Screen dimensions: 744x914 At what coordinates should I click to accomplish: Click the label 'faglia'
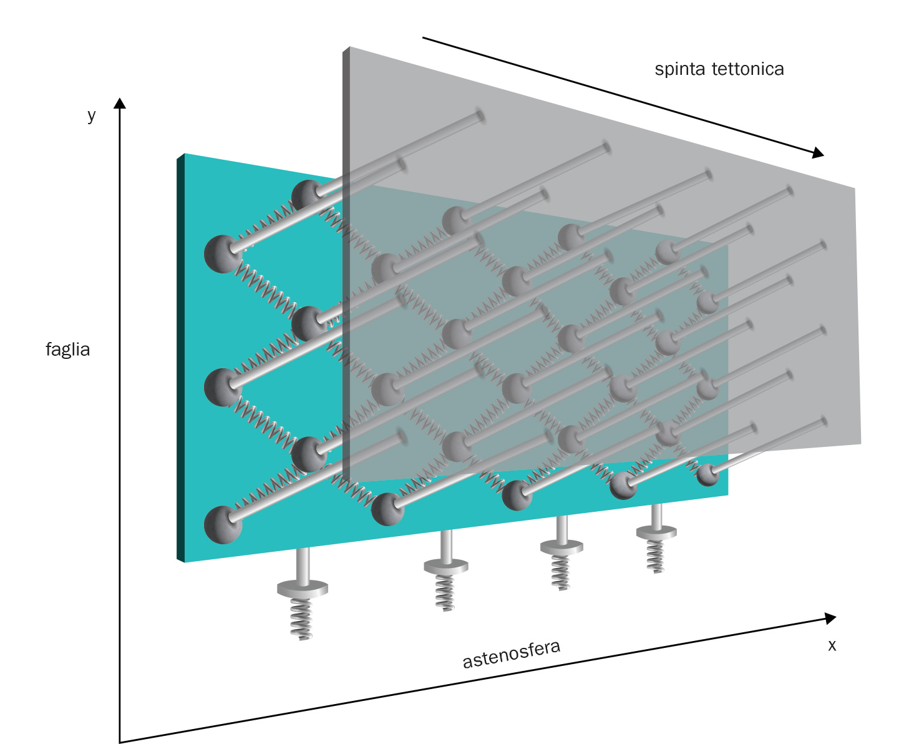[x=67, y=349]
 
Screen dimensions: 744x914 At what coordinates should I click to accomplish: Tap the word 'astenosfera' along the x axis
[x=511, y=653]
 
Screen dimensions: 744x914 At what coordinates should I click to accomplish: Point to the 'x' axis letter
[x=832, y=645]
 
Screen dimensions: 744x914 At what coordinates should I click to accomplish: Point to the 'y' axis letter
[x=92, y=115]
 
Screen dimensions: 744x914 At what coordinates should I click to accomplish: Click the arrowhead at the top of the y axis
[x=120, y=103]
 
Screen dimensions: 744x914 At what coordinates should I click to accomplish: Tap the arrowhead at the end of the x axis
[x=830, y=618]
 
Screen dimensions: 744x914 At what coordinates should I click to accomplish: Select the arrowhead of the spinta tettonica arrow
[x=817, y=153]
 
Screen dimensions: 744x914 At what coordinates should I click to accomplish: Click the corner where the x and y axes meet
[x=120, y=742]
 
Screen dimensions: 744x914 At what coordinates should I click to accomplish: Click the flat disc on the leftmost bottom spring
[x=302, y=587]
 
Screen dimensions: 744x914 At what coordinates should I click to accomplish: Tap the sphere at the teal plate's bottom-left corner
[x=223, y=524]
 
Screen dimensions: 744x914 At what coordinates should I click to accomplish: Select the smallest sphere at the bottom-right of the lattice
[x=707, y=475]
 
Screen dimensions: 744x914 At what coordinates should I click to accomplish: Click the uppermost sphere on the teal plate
[x=308, y=195]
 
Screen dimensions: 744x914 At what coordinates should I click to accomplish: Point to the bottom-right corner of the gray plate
[x=860, y=443]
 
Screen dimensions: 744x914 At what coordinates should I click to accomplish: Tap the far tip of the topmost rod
[x=479, y=114]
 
